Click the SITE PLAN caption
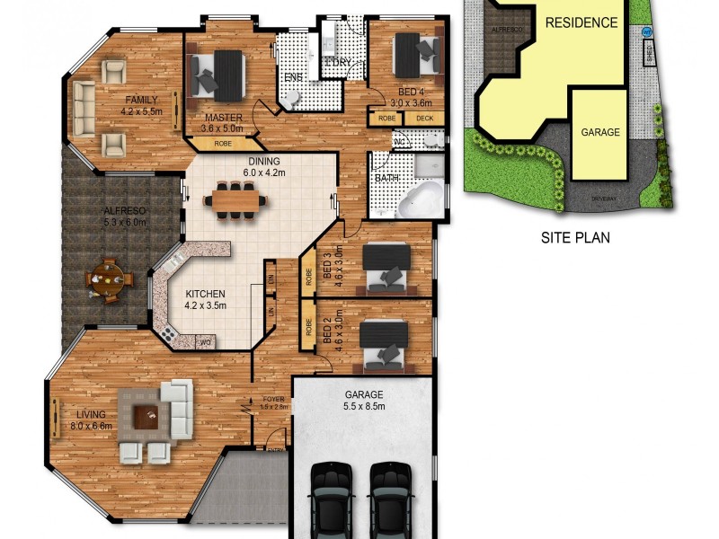[574, 239]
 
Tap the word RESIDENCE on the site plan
[581, 22]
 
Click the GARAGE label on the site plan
[600, 132]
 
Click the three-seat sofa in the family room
[84, 102]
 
